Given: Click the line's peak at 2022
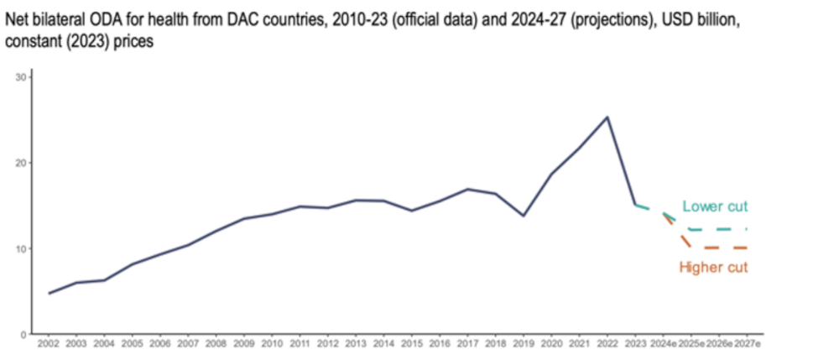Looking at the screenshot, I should pyautogui.click(x=607, y=117).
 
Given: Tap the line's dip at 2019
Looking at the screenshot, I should pyautogui.click(x=524, y=216).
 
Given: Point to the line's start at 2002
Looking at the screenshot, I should pyautogui.click(x=49, y=294).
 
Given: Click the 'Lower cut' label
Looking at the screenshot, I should pyautogui.click(x=714, y=206).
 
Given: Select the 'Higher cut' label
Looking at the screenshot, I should pyautogui.click(x=713, y=268).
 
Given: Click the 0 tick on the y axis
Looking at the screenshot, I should pyautogui.click(x=23, y=334).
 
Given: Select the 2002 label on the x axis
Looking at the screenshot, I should pyautogui.click(x=49, y=344).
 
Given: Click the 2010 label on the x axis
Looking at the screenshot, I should pyautogui.click(x=272, y=344).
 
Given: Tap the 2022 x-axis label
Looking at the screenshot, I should pyautogui.click(x=607, y=344).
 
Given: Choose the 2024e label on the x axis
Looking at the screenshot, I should pyautogui.click(x=664, y=344).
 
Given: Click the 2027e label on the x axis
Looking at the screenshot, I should pyautogui.click(x=748, y=344).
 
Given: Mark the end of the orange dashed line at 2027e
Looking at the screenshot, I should pyautogui.click(x=748, y=248).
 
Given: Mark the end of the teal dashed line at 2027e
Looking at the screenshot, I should pyautogui.click(x=748, y=229).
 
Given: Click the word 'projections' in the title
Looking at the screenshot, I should pyautogui.click(x=614, y=18).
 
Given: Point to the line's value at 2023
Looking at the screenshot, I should pyautogui.click(x=635, y=204).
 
